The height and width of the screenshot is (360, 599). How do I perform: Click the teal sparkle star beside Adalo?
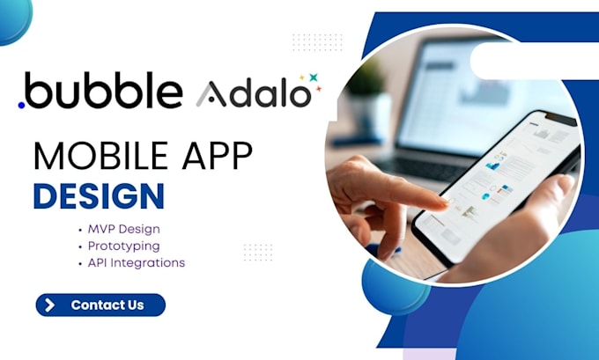[x=313, y=77]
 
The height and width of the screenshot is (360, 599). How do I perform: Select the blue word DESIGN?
[x=99, y=195]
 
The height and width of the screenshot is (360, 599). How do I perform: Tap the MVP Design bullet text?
[x=123, y=229]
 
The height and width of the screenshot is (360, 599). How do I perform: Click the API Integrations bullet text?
[x=137, y=262]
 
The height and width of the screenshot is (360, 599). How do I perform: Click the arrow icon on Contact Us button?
[x=50, y=305]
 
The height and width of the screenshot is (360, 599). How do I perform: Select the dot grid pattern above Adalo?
[x=316, y=42]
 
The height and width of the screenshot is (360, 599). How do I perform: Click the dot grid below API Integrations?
[x=257, y=253]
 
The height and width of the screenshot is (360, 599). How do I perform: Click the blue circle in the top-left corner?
[x=12, y=16]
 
